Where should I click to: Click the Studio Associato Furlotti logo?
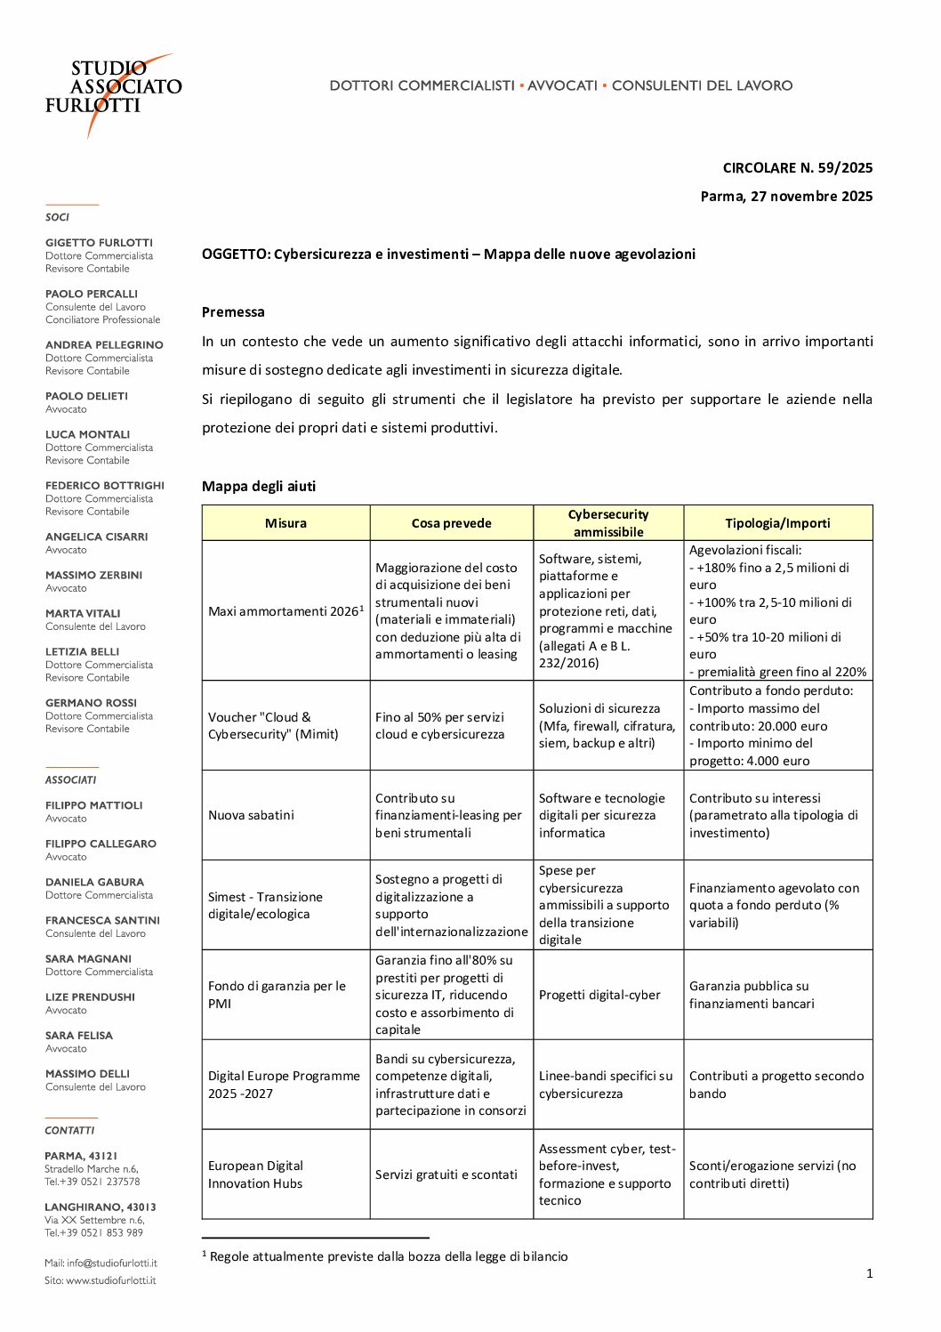point(113,89)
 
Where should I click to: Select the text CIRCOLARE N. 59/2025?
point(797,168)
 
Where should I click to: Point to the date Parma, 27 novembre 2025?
point(786,197)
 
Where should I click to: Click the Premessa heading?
point(233,312)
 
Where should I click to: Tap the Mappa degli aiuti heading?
point(258,487)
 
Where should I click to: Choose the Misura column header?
point(286,523)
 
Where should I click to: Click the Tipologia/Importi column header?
point(777,523)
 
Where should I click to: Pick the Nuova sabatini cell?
point(251,815)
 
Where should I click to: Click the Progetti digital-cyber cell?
point(599,995)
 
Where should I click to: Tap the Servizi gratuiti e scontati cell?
point(446,1175)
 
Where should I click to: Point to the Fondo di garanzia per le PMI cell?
point(277,995)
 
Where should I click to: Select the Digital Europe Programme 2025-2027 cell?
point(284,1085)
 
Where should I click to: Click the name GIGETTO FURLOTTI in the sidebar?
point(99,243)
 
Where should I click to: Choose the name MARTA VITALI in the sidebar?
point(83,614)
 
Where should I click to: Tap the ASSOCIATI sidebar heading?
point(70,780)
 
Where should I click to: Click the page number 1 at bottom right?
point(869,1274)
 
